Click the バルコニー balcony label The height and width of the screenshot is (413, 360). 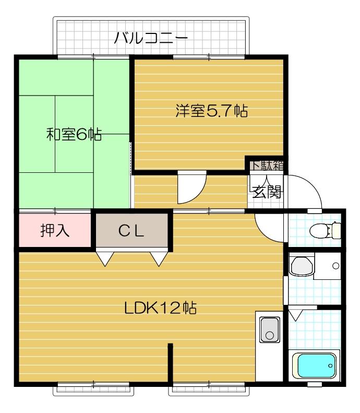click(150, 38)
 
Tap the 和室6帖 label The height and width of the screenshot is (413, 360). click(74, 135)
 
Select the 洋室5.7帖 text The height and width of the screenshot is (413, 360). click(211, 111)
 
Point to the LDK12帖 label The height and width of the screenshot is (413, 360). click(160, 308)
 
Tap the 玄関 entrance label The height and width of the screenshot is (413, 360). click(267, 192)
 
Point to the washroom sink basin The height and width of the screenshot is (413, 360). click(301, 266)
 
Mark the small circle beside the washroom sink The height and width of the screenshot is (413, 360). click(335, 266)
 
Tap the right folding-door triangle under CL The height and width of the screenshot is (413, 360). click(159, 258)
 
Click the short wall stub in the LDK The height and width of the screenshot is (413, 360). click(170, 363)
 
